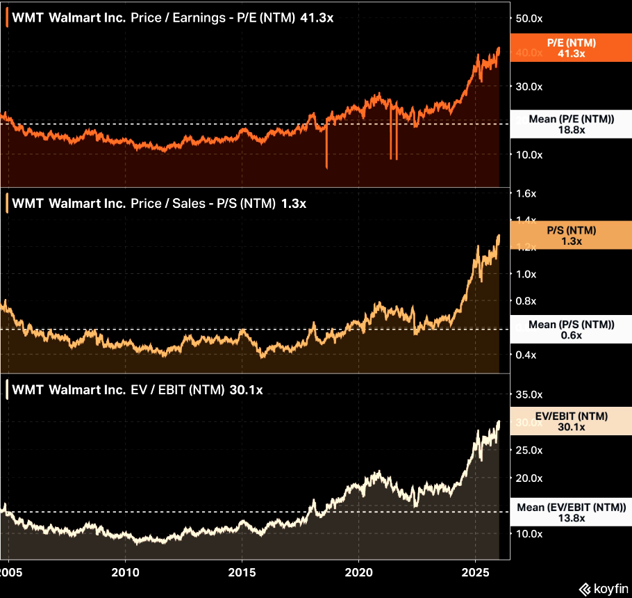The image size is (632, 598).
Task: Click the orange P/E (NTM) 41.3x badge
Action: click(571, 48)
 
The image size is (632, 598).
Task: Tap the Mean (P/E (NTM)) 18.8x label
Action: click(571, 124)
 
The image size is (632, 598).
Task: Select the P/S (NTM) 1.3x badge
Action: click(571, 236)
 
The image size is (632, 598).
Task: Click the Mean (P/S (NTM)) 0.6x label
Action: click(571, 330)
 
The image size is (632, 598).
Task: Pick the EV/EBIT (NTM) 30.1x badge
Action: click(571, 421)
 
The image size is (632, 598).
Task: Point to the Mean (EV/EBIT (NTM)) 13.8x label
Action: click(571, 512)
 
